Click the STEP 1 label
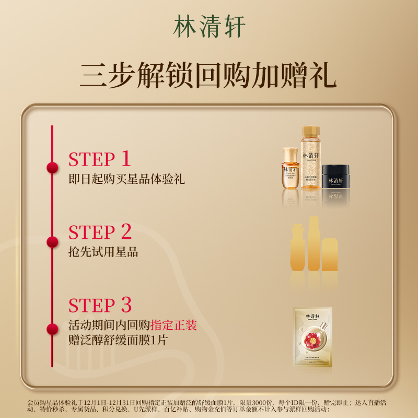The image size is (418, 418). (x=99, y=159)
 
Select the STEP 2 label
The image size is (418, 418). (x=100, y=232)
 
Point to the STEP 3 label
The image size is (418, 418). (x=100, y=305)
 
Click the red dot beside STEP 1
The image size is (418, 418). (x=52, y=168)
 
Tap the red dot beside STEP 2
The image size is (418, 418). (x=52, y=241)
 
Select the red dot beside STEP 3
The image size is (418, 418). (x=52, y=329)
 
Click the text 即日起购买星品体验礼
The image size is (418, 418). (x=126, y=179)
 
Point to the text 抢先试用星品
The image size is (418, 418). (x=103, y=252)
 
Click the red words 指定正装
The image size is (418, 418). (x=173, y=326)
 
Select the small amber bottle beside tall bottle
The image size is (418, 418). (x=291, y=170)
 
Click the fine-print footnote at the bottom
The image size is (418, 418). (x=209, y=406)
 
